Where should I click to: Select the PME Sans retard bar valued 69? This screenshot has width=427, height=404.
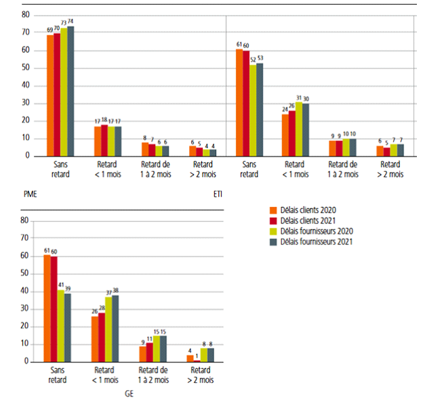pyautogui.click(x=50, y=95)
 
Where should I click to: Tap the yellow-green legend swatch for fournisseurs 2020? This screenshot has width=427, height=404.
pyautogui.click(x=273, y=230)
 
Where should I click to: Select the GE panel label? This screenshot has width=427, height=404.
pyautogui.click(x=129, y=392)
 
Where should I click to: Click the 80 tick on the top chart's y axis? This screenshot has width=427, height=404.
pyautogui.click(x=25, y=14)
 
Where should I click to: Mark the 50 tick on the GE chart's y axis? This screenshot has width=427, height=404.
pyautogui.click(x=25, y=273)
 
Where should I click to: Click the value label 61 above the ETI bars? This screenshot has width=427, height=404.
pyautogui.click(x=239, y=44)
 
